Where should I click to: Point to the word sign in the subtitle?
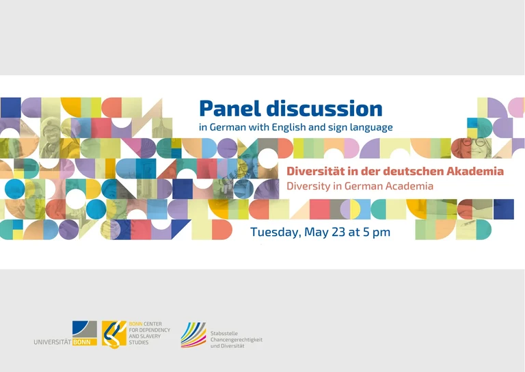(x=345, y=127)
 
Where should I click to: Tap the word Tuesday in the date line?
(x=273, y=232)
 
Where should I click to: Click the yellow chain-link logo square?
(x=114, y=333)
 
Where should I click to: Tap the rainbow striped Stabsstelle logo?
(x=193, y=334)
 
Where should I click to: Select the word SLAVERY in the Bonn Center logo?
(x=141, y=337)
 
